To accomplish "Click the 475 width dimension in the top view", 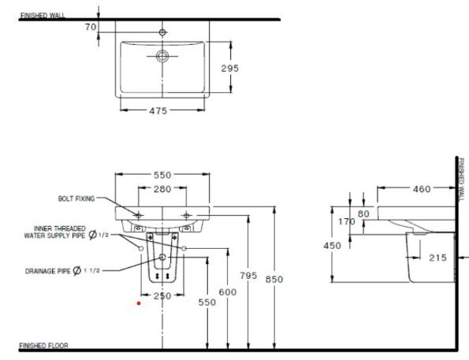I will click(158, 110).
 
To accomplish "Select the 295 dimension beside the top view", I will click(229, 69).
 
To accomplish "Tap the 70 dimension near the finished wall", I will click(90, 27).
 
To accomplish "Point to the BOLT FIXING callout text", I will click(76, 199).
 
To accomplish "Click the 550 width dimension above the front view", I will click(162, 174).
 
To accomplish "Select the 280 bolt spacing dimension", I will click(162, 189).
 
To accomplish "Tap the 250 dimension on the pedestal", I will click(162, 295).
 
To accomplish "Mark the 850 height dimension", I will click(274, 279).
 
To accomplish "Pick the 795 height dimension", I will click(248, 275).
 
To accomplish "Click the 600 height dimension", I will click(227, 292).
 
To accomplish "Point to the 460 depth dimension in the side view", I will click(422, 189).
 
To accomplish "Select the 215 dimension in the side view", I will click(438, 257).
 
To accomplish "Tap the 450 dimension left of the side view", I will click(332, 246).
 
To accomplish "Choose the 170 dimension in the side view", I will click(347, 222).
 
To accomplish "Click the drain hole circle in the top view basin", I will click(162, 56).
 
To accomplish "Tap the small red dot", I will click(139, 302).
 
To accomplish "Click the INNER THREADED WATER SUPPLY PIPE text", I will click(54, 231).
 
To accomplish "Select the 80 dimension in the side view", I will click(363, 213).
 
